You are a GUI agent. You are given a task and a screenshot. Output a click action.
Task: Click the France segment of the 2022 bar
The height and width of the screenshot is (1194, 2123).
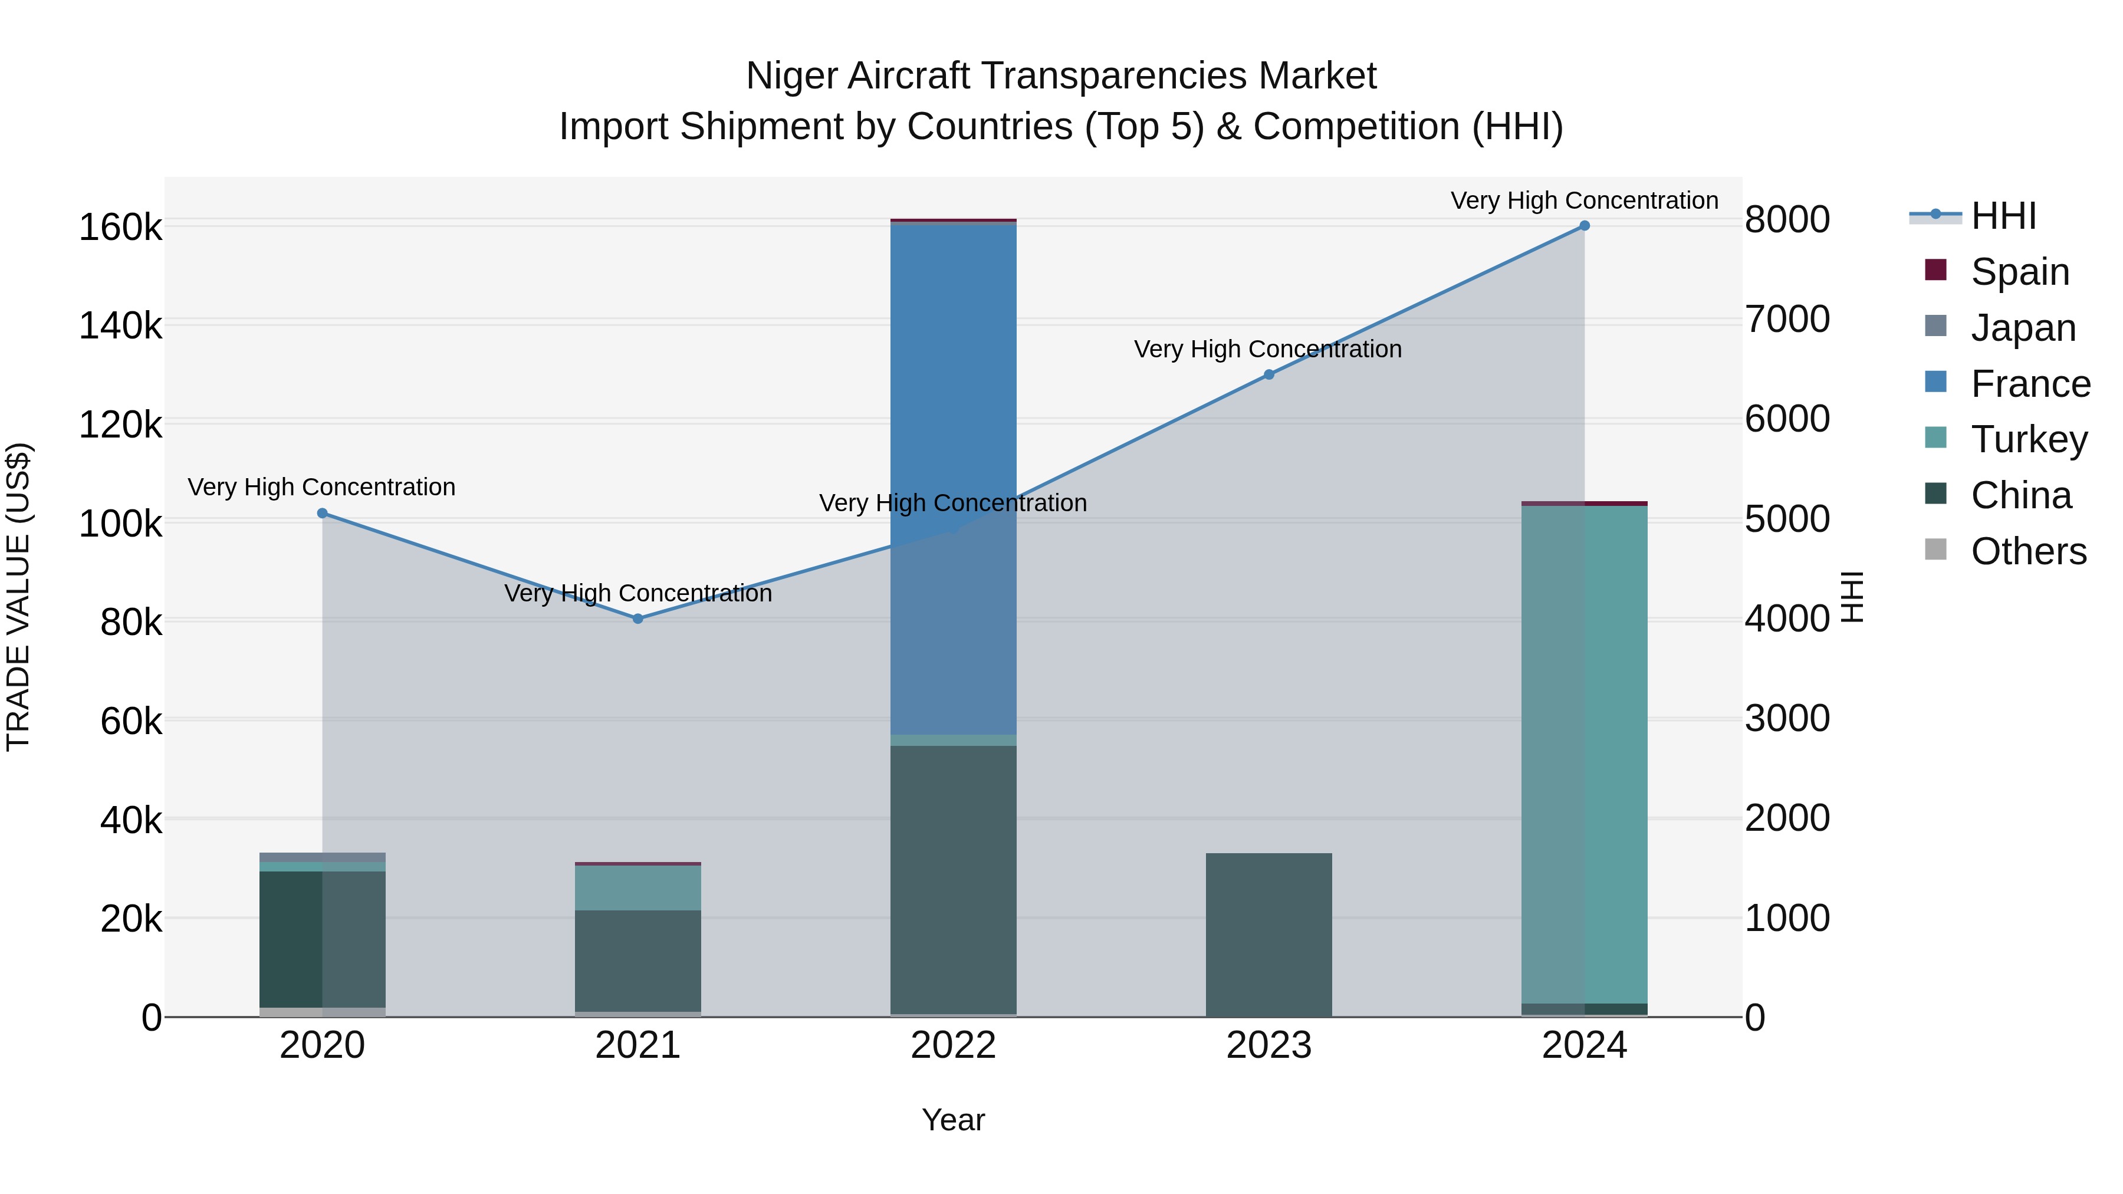pos(953,478)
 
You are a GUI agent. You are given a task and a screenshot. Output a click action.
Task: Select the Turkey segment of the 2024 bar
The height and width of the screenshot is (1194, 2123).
pos(1583,754)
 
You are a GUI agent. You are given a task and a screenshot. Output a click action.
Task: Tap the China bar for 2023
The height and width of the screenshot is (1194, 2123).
pos(1268,935)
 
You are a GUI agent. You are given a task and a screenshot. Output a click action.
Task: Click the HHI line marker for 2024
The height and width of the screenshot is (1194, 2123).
pos(1583,226)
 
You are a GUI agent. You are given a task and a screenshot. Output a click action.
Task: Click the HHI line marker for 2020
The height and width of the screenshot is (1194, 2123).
pos(322,514)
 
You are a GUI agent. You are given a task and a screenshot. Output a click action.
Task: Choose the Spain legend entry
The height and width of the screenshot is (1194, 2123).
pos(2019,272)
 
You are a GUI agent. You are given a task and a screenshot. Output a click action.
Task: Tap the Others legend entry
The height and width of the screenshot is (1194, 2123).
pos(2027,551)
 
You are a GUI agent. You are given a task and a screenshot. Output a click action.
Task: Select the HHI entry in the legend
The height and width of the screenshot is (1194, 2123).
pos(2003,216)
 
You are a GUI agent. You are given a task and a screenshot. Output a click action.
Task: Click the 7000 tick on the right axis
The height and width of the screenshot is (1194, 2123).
pos(1787,319)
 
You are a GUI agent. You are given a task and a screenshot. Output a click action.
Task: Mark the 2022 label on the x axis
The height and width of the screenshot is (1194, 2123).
pos(953,1045)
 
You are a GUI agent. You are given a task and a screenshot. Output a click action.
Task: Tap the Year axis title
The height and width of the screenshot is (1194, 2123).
pos(953,1120)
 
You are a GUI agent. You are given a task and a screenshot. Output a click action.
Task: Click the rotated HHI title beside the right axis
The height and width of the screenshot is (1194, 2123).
pos(1851,597)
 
